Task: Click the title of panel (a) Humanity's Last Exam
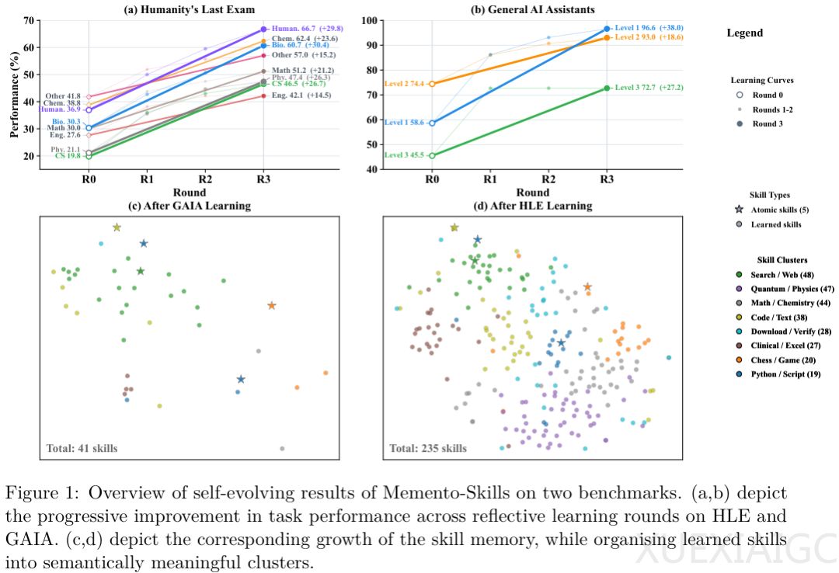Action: coord(189,9)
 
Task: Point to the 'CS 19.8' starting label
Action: coord(66,156)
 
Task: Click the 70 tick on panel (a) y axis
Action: coord(29,20)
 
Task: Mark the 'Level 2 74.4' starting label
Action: coord(404,84)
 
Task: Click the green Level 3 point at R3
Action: coord(606,89)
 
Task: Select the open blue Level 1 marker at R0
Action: coord(432,123)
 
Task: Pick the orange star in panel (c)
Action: coord(271,306)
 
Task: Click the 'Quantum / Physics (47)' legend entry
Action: coord(782,289)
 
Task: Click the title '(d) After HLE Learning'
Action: coord(532,206)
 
